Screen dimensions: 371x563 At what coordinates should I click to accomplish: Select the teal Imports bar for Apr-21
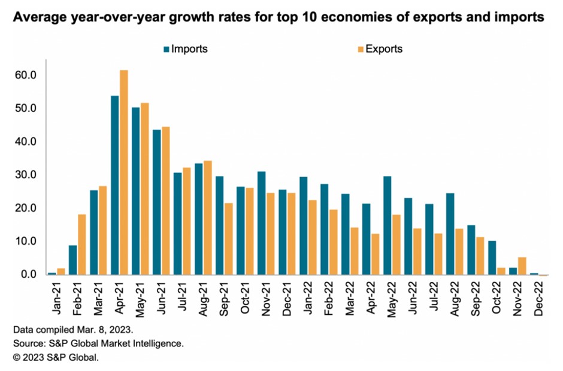coord(115,185)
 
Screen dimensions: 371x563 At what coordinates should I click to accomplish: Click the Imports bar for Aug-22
coord(450,233)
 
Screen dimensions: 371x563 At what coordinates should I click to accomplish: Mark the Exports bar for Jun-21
coord(166,200)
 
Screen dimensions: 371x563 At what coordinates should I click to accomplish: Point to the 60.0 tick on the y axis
coord(28,75)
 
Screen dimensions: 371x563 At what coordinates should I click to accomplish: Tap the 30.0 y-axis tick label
coord(28,175)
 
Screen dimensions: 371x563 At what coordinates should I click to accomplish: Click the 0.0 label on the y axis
coord(30,275)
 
